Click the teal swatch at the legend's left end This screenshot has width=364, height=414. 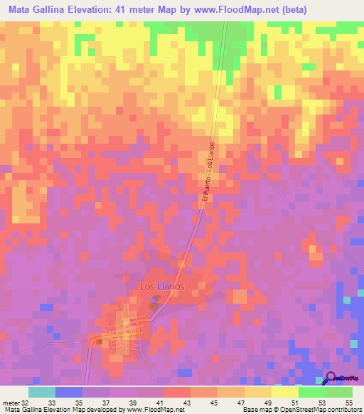click(x=41, y=392)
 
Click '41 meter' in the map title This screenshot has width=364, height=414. click(x=140, y=10)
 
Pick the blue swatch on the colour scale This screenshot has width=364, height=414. click(x=68, y=392)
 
